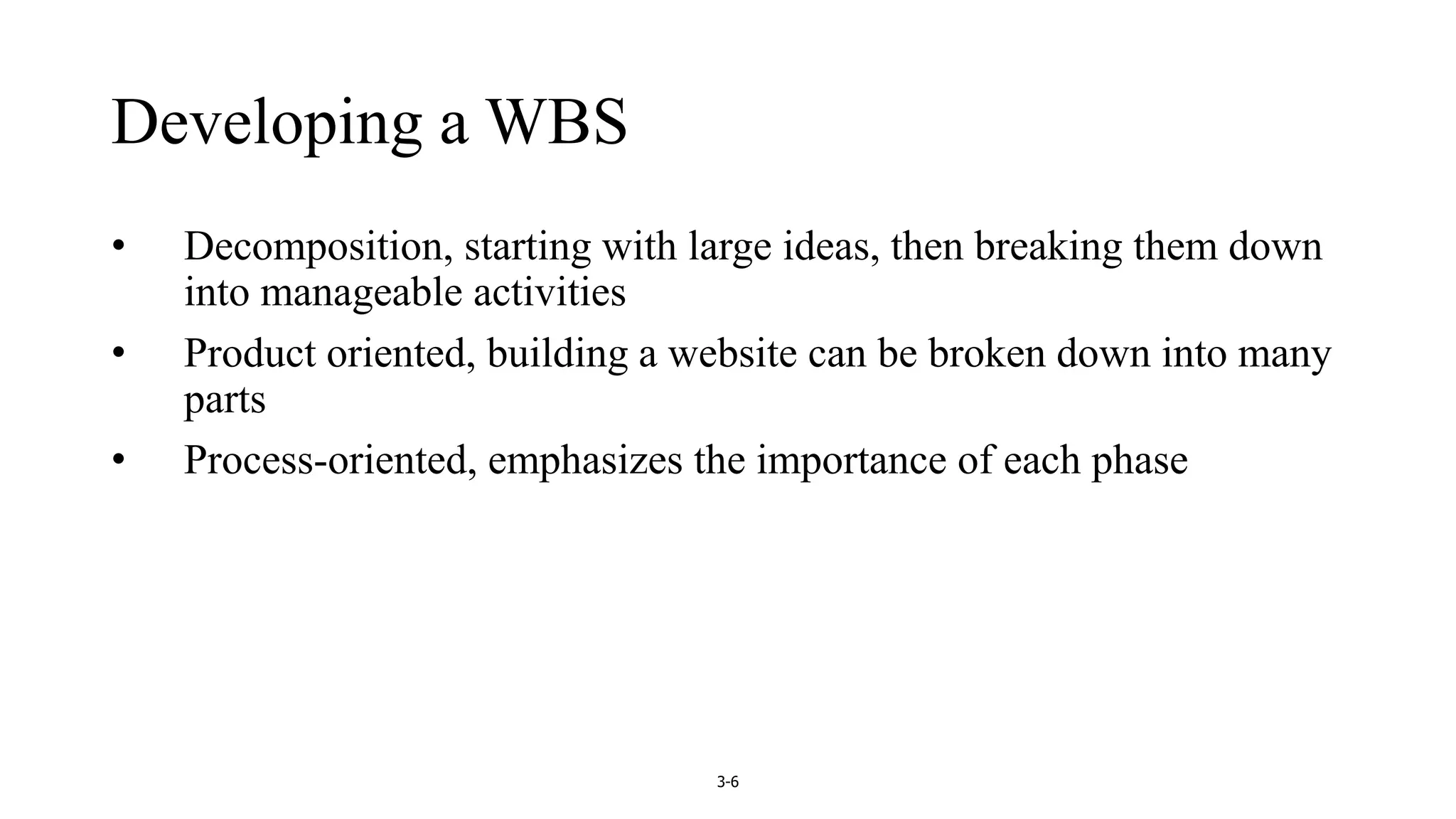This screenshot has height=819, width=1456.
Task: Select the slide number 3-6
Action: tap(727, 783)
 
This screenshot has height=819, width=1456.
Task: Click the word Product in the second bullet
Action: tap(250, 353)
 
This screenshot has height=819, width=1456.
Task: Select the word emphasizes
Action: tap(585, 460)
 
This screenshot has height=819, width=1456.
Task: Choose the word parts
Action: tap(225, 400)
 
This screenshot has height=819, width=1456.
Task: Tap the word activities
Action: tap(549, 292)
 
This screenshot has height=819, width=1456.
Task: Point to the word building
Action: tap(557, 353)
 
